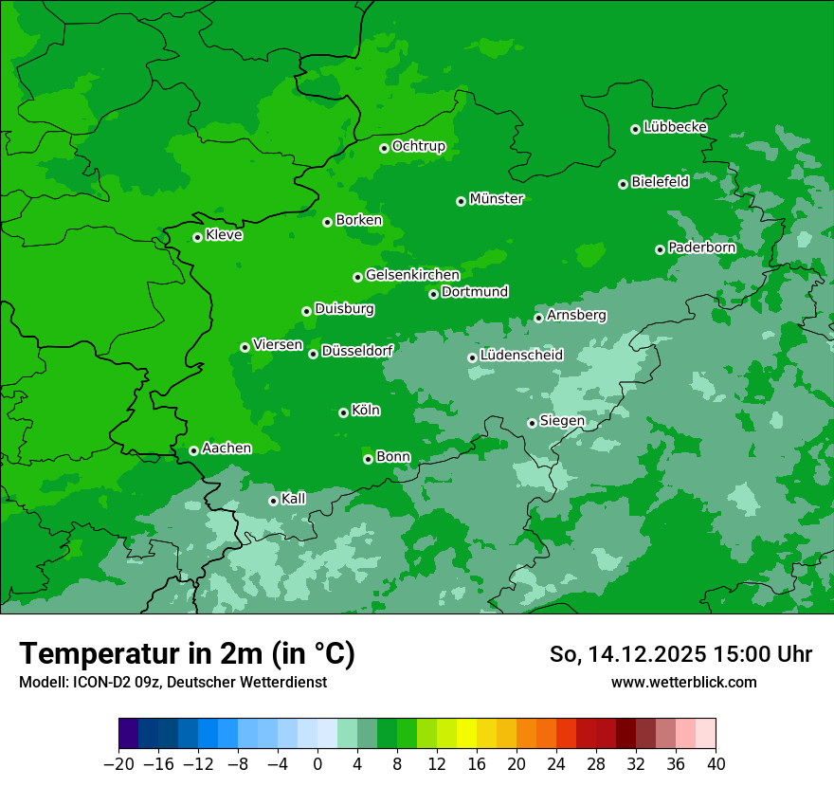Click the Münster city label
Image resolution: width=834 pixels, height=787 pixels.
pyautogui.click(x=497, y=199)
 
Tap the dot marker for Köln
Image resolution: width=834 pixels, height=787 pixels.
pyautogui.click(x=343, y=412)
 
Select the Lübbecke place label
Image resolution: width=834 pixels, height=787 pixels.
pyautogui.click(x=675, y=127)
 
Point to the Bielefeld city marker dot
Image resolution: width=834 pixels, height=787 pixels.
pyautogui.click(x=623, y=184)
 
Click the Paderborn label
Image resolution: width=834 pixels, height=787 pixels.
pyautogui.click(x=701, y=247)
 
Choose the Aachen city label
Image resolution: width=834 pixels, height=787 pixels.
pyautogui.click(x=227, y=448)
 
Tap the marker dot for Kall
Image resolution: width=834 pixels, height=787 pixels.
pyautogui.click(x=273, y=501)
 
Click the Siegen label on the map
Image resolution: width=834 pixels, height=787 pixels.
pyautogui.click(x=562, y=421)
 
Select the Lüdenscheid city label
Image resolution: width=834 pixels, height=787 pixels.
pyautogui.click(x=521, y=356)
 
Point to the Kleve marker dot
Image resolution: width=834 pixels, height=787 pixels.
pyautogui.click(x=197, y=237)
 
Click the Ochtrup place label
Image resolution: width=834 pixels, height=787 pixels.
pyautogui.click(x=418, y=146)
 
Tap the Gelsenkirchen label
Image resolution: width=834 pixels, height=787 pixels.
pyautogui.click(x=412, y=275)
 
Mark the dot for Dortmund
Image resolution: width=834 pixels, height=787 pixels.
pyautogui.click(x=433, y=294)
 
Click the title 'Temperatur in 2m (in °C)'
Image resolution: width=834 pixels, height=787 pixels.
pyautogui.click(x=187, y=653)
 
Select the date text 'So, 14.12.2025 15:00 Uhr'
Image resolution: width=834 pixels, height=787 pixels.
pyautogui.click(x=680, y=654)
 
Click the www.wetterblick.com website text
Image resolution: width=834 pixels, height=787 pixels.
pyautogui.click(x=683, y=682)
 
